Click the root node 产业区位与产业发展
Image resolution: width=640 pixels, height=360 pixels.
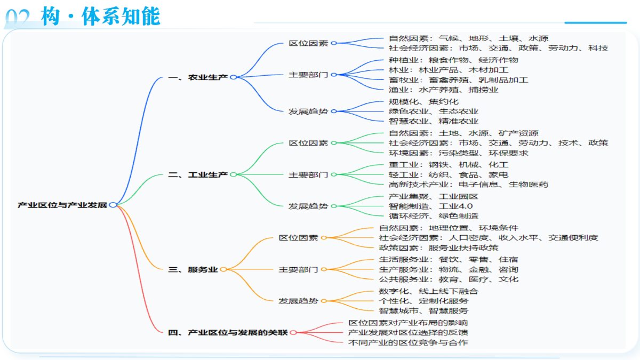tap(62, 205)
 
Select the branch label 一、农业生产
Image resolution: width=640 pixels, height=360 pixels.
tap(198, 77)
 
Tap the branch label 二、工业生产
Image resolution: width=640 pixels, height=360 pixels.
tap(198, 174)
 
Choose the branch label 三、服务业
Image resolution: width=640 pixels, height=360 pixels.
tap(193, 269)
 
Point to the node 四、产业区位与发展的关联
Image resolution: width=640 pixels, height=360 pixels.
tap(227, 333)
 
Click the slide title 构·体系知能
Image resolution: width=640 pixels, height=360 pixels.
tap(100, 17)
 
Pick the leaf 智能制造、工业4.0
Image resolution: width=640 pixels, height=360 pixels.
tap(430, 206)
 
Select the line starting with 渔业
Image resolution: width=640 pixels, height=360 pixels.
tap(443, 90)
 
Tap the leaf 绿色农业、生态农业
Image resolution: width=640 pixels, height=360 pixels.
tap(434, 111)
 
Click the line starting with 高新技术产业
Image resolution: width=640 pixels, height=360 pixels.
tap(468, 185)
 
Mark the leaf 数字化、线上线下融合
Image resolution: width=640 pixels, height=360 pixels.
tap(428, 291)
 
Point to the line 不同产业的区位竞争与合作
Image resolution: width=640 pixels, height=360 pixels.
tap(408, 342)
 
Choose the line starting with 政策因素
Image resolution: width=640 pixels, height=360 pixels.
tap(438, 247)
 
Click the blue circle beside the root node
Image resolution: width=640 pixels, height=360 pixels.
tap(113, 205)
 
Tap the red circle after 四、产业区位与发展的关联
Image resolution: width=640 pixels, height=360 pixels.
tap(293, 333)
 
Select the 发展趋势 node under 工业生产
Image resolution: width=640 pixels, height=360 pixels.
tap(308, 206)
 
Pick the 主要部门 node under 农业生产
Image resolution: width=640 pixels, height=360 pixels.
tap(308, 75)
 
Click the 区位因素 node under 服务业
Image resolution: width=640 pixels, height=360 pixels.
tap(298, 238)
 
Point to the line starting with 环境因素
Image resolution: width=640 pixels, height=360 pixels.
tap(458, 153)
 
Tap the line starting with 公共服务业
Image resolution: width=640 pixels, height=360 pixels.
tap(449, 279)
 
